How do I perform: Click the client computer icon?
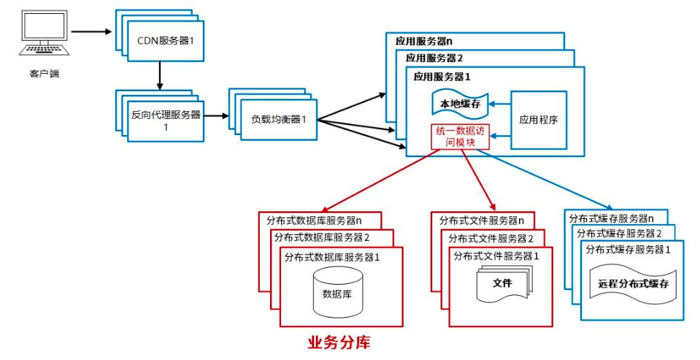tap(42, 34)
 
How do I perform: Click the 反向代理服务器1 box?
tap(166, 120)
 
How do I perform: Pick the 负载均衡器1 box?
tap(274, 119)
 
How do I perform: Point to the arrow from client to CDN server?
tap(91, 31)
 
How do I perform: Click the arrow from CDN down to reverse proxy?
tap(158, 75)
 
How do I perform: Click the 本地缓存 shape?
tap(459, 104)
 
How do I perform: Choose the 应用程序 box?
tap(538, 120)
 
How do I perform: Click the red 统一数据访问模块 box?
tap(460, 137)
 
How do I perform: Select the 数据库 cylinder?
tap(337, 293)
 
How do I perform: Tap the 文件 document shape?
tap(503, 284)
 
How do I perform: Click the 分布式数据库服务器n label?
tap(313, 220)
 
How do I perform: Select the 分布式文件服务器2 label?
tap(496, 238)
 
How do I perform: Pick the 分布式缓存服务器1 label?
tap(628, 249)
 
